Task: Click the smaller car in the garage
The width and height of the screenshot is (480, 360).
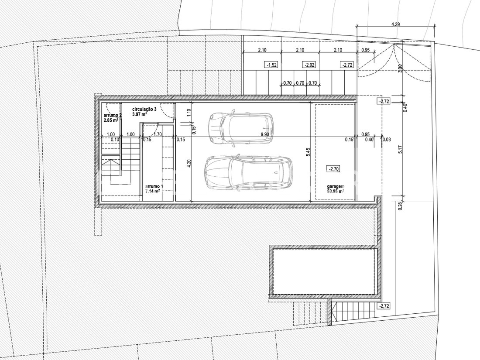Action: click(x=240, y=127)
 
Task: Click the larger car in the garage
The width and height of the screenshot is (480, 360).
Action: click(x=249, y=172)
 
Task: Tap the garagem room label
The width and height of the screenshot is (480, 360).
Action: click(x=336, y=186)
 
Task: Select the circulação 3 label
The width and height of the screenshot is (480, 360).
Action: click(x=144, y=109)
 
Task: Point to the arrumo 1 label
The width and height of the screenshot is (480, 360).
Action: click(x=154, y=186)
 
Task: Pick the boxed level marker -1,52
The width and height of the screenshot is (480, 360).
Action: click(x=271, y=65)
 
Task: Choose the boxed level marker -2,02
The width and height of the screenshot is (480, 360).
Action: click(x=309, y=65)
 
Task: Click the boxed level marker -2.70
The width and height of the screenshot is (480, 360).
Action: click(x=333, y=169)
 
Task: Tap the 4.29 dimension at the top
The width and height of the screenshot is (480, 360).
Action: click(x=396, y=24)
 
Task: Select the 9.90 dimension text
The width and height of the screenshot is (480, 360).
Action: click(x=265, y=134)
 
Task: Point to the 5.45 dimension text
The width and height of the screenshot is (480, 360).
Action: click(x=308, y=152)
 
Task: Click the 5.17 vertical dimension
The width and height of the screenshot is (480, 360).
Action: click(x=401, y=149)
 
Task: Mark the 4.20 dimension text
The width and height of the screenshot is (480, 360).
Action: click(x=189, y=164)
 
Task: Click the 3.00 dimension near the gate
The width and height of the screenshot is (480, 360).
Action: click(x=401, y=68)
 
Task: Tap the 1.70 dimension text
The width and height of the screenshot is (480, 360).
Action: click(x=158, y=134)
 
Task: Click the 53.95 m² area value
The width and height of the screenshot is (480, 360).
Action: click(x=335, y=191)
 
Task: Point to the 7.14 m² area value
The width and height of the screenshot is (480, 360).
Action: click(x=152, y=192)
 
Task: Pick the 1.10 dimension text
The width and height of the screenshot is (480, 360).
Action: click(x=189, y=112)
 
